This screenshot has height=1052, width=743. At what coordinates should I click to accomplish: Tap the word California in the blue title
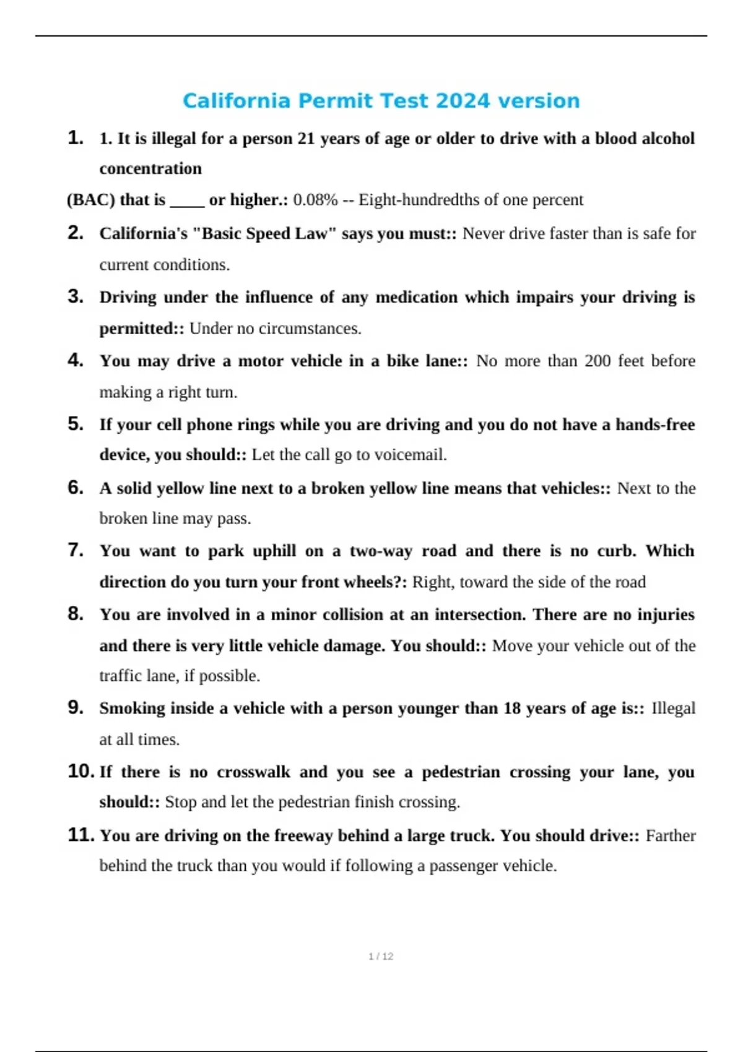coord(236,101)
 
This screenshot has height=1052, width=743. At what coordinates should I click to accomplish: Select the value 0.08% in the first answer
coord(315,200)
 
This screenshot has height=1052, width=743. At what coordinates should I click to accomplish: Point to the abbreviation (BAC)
coord(90,200)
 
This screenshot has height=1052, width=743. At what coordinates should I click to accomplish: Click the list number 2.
coord(75,233)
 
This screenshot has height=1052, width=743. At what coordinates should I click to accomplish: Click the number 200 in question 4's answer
coord(597,361)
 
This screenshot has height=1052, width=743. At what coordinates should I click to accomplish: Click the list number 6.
coord(75,488)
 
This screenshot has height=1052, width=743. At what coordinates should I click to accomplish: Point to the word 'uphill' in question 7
coord(274,551)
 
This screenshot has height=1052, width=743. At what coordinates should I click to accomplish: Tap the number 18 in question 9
coord(511,708)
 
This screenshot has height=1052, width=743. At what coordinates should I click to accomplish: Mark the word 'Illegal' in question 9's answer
coord(673,708)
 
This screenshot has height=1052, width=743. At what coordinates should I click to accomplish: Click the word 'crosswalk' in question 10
coord(253,772)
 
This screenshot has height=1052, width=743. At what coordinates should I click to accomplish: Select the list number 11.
coord(80,835)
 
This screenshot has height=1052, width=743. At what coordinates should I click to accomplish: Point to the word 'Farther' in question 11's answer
coord(671,835)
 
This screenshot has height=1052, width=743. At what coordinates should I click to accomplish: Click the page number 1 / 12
coord(381,956)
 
